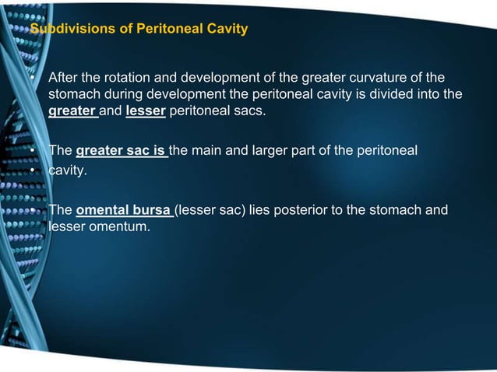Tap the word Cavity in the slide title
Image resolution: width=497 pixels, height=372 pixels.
tap(224, 30)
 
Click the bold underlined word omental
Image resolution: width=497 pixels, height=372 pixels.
tap(103, 209)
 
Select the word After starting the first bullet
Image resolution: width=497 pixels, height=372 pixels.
tap(63, 79)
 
